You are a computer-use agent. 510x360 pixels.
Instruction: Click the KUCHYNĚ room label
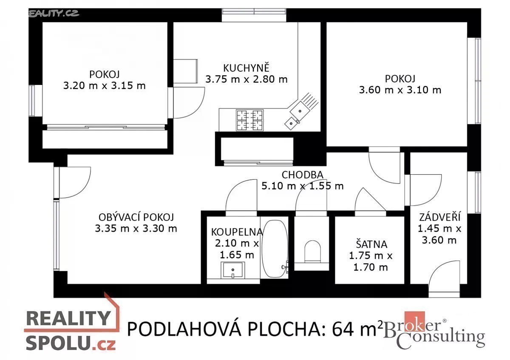[x=246, y=68]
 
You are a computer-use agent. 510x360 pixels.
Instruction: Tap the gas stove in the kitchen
[x=250, y=120]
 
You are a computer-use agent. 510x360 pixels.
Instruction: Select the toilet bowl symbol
[x=313, y=251]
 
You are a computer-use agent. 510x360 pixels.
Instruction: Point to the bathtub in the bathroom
[x=275, y=249]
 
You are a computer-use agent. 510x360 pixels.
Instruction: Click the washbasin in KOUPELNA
[x=233, y=270]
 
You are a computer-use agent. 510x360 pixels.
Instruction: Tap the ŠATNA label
[x=371, y=244]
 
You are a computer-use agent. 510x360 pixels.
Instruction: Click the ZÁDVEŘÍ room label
[x=440, y=217]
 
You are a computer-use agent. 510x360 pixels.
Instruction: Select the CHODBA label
[x=302, y=175]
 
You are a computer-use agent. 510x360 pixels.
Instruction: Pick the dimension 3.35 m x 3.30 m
[x=136, y=228]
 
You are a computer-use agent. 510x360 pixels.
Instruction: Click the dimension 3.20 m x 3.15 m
[x=104, y=85]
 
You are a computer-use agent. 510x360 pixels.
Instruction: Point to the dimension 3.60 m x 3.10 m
[x=400, y=90]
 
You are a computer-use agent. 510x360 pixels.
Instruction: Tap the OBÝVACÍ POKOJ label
[x=136, y=217]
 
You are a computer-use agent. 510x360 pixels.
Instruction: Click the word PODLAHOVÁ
[x=184, y=329]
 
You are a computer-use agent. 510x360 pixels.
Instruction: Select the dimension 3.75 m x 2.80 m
[x=246, y=79]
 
